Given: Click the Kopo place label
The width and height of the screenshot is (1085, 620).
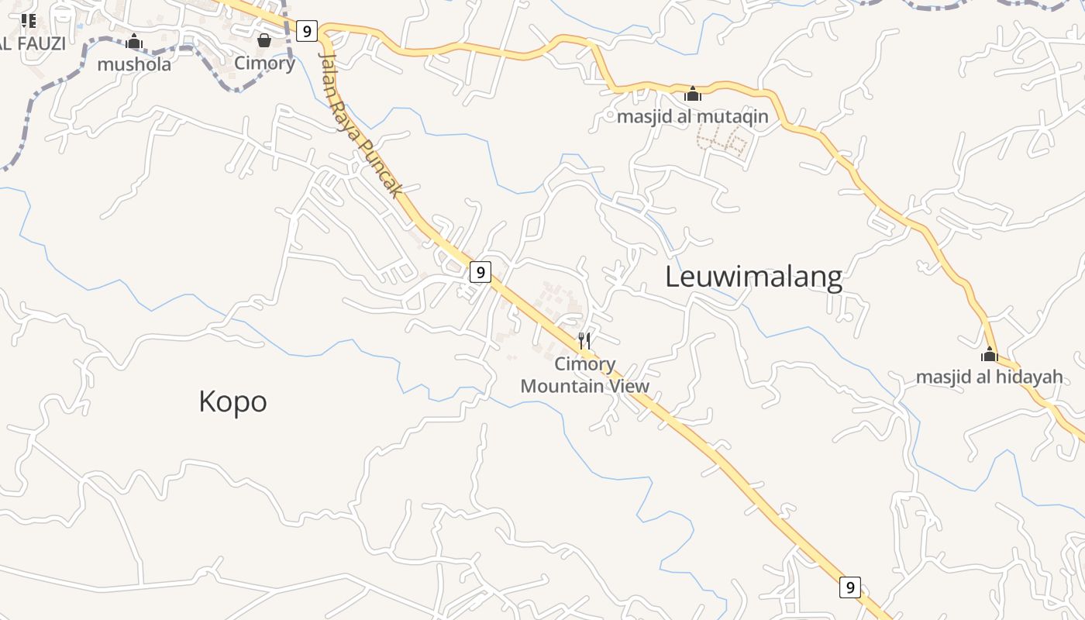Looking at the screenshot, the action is (x=232, y=401).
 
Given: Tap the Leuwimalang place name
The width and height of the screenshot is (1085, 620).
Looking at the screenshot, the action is (x=753, y=277).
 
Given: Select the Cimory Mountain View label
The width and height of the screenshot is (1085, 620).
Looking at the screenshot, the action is (x=585, y=375).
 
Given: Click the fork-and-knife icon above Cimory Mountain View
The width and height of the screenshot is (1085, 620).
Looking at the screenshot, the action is (x=585, y=340).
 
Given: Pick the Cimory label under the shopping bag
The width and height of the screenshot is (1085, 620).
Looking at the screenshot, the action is (x=264, y=64).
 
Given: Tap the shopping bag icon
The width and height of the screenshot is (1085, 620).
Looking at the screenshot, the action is (x=264, y=40).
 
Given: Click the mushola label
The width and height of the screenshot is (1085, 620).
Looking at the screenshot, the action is (x=134, y=64).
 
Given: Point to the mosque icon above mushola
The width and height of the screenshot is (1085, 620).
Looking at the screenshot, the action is (x=134, y=41).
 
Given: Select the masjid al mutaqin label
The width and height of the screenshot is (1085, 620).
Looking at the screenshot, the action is (x=692, y=117).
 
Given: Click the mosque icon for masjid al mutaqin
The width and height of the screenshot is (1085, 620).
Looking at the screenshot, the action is (x=693, y=94).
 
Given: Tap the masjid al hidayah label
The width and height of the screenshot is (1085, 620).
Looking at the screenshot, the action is (x=989, y=377).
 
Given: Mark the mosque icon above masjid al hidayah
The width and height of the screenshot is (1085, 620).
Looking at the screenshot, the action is (x=989, y=354).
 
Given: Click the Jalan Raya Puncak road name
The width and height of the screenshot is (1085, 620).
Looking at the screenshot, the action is (x=361, y=125).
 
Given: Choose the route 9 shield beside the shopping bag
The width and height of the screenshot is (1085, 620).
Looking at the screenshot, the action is (x=307, y=31).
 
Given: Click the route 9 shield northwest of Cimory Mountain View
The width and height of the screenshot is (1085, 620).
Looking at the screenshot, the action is (x=480, y=272).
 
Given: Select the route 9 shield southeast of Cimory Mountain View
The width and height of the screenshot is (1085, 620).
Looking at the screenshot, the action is (x=850, y=587).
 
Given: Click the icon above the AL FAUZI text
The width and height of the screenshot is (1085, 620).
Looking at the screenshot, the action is (x=29, y=21).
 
